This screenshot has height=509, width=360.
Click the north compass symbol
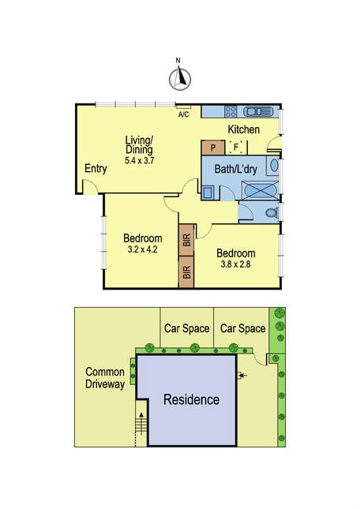point(179,79)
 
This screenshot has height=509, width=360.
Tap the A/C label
point(183,114)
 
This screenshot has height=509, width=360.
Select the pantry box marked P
point(212,148)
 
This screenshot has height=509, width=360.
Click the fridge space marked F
point(236,148)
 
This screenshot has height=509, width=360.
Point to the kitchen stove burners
point(231,112)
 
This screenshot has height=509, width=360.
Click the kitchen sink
point(257,112)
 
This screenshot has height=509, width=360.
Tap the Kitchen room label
point(243,129)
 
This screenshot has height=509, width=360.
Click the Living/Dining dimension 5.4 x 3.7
point(139,160)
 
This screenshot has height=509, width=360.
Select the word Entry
point(96,169)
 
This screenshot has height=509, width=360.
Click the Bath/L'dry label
point(236,169)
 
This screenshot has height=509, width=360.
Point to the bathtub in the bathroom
point(260,190)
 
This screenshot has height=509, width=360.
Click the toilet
point(272,213)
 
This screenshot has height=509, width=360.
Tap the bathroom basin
point(274,166)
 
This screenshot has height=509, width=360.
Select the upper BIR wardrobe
point(186,240)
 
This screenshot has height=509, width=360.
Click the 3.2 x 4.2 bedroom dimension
point(143,249)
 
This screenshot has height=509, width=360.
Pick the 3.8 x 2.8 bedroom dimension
point(236,264)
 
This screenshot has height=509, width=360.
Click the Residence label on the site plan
point(191,399)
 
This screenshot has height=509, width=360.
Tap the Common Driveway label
point(105,378)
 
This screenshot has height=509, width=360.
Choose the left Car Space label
point(186,328)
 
